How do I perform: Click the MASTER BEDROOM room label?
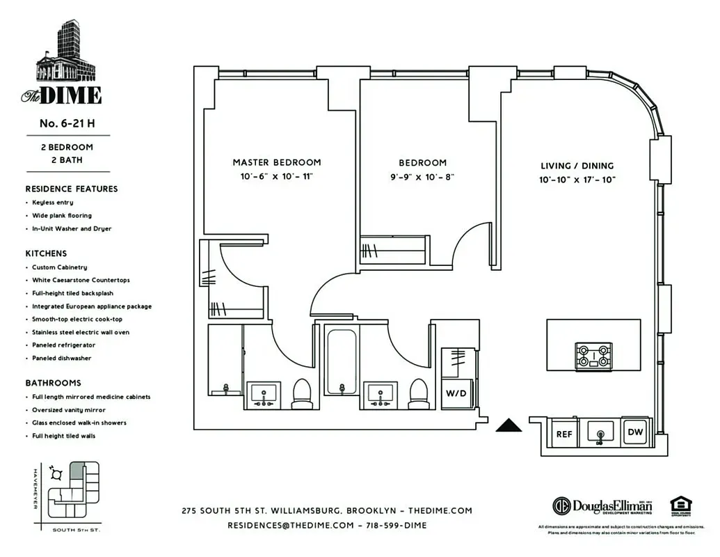tap(277, 162)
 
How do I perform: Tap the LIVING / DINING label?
tap(577, 166)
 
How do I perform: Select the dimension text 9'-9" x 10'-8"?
tap(422, 177)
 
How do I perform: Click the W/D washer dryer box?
tap(457, 393)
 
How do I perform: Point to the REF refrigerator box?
tap(563, 434)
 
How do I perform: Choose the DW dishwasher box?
tap(634, 432)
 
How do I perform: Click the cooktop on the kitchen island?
tap(593, 356)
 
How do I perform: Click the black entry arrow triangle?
tap(509, 425)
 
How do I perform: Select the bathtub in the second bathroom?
tap(341, 360)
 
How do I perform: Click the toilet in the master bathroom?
tap(302, 393)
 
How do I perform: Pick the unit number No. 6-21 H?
tap(67, 123)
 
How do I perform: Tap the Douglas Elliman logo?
tap(602, 505)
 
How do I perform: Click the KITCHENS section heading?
tap(46, 253)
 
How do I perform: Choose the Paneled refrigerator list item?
tap(63, 345)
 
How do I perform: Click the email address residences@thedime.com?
tap(291, 525)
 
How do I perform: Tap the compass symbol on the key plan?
tap(56, 473)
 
